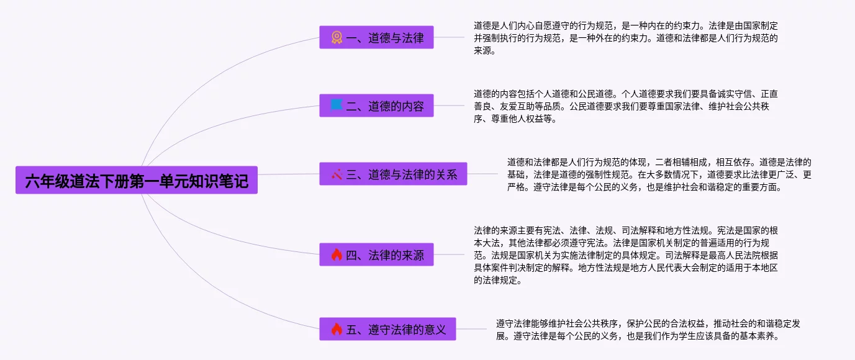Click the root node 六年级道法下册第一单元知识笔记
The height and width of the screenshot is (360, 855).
click(137, 181)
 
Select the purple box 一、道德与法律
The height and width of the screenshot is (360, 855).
click(376, 37)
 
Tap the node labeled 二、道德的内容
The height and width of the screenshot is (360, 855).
click(376, 106)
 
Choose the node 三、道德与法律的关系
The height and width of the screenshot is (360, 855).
click(393, 174)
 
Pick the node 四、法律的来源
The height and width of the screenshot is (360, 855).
click(376, 254)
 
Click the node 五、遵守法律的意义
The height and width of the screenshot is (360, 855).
click(387, 329)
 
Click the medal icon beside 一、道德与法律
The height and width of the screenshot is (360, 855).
click(337, 37)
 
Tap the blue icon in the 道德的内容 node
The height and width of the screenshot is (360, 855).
click(337, 106)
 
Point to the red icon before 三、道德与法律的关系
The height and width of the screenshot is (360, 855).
click(337, 174)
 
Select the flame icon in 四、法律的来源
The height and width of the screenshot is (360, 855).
click(337, 254)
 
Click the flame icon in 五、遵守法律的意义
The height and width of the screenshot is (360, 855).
click(337, 329)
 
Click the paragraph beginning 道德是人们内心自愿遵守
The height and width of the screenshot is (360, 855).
click(626, 38)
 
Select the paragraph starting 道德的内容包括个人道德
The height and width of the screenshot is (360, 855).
click(626, 106)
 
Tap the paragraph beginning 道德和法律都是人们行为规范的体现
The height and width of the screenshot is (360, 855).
click(659, 174)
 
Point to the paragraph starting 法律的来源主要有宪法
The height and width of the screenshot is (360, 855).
click(626, 254)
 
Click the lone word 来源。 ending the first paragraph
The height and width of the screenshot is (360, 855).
click(485, 51)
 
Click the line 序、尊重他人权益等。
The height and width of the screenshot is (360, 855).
click(515, 119)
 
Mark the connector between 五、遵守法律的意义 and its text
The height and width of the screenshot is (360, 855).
click(472, 329)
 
